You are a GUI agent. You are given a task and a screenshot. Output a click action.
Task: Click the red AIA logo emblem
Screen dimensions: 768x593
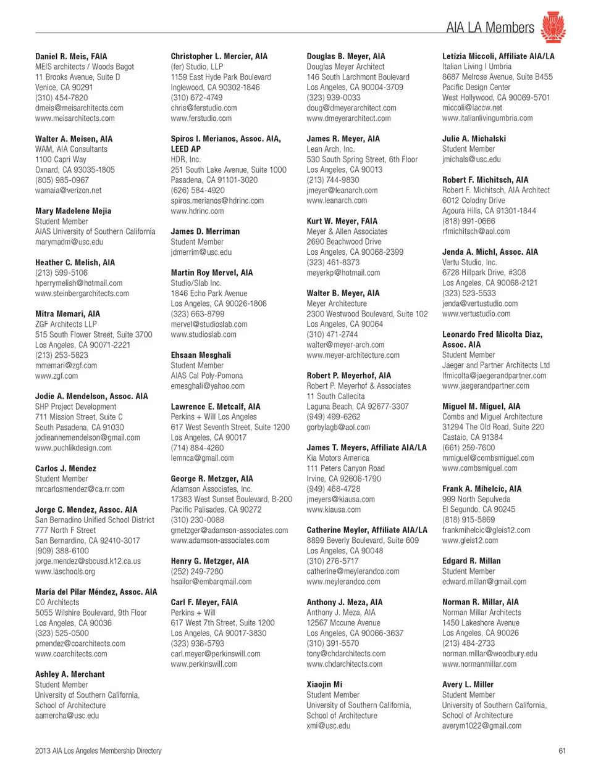click(x=553, y=27)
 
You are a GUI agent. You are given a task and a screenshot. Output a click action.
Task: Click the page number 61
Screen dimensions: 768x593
click(x=561, y=751)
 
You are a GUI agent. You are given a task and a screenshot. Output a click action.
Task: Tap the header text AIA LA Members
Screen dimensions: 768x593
click(x=490, y=27)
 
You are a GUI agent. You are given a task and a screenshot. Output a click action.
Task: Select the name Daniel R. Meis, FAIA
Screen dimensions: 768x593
click(x=71, y=56)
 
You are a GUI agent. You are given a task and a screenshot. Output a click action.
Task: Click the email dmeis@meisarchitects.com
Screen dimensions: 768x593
click(x=79, y=108)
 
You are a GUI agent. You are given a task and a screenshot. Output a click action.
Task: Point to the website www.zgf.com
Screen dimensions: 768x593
click(x=56, y=376)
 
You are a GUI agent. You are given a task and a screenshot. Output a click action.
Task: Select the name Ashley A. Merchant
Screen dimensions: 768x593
click(x=70, y=674)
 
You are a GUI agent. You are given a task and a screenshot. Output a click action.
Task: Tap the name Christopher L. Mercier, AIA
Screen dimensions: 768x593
click(x=219, y=56)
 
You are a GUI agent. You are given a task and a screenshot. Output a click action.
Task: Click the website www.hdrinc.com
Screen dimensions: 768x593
click(x=197, y=211)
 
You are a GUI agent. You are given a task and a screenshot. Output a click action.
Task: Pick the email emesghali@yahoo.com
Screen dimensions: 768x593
click(x=208, y=386)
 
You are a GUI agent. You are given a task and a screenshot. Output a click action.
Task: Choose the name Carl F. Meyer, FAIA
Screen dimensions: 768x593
click(x=204, y=602)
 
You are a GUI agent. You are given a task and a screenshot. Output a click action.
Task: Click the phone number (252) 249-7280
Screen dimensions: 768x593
click(x=197, y=571)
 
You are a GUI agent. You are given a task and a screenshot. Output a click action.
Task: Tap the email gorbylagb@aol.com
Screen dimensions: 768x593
click(x=338, y=427)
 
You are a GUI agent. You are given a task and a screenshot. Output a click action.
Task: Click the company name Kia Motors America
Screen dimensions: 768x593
click(x=338, y=458)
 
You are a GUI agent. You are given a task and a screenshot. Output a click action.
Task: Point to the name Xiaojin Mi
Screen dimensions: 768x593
click(x=324, y=684)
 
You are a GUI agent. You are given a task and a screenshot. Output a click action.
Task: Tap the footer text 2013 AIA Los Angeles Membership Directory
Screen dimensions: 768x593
click(x=98, y=751)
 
